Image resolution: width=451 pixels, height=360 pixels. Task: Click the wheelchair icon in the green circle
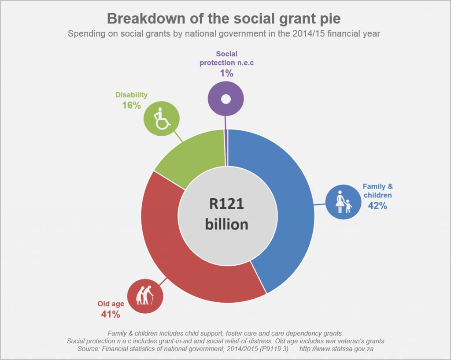tap(162, 118)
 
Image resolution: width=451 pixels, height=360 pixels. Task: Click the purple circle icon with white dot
tap(225, 99)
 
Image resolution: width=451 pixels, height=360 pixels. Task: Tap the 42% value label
tap(378, 205)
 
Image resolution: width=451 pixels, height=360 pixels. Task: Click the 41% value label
tap(111, 314)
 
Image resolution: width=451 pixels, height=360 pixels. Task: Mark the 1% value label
tap(226, 73)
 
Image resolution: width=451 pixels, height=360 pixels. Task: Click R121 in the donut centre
tap(226, 205)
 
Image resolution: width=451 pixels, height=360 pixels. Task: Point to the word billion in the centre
tap(226, 224)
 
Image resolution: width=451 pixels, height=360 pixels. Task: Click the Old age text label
tap(111, 304)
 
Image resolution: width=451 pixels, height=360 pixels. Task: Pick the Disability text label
tap(131, 95)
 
